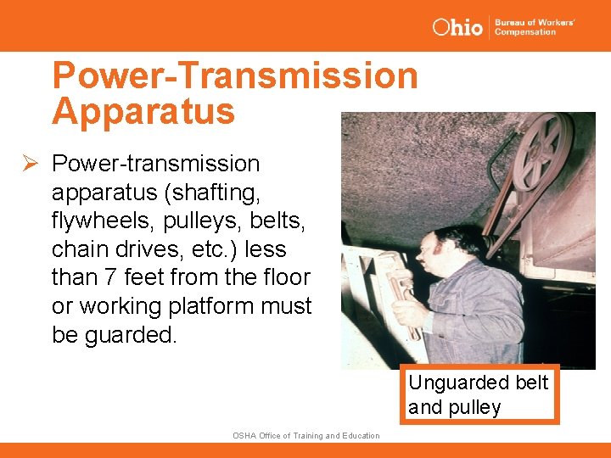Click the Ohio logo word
point(457,26)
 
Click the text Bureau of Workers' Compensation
point(535,26)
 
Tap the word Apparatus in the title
point(143,111)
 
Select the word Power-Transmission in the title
point(235,75)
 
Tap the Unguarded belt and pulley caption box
point(480,394)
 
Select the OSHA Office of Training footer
point(305,436)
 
